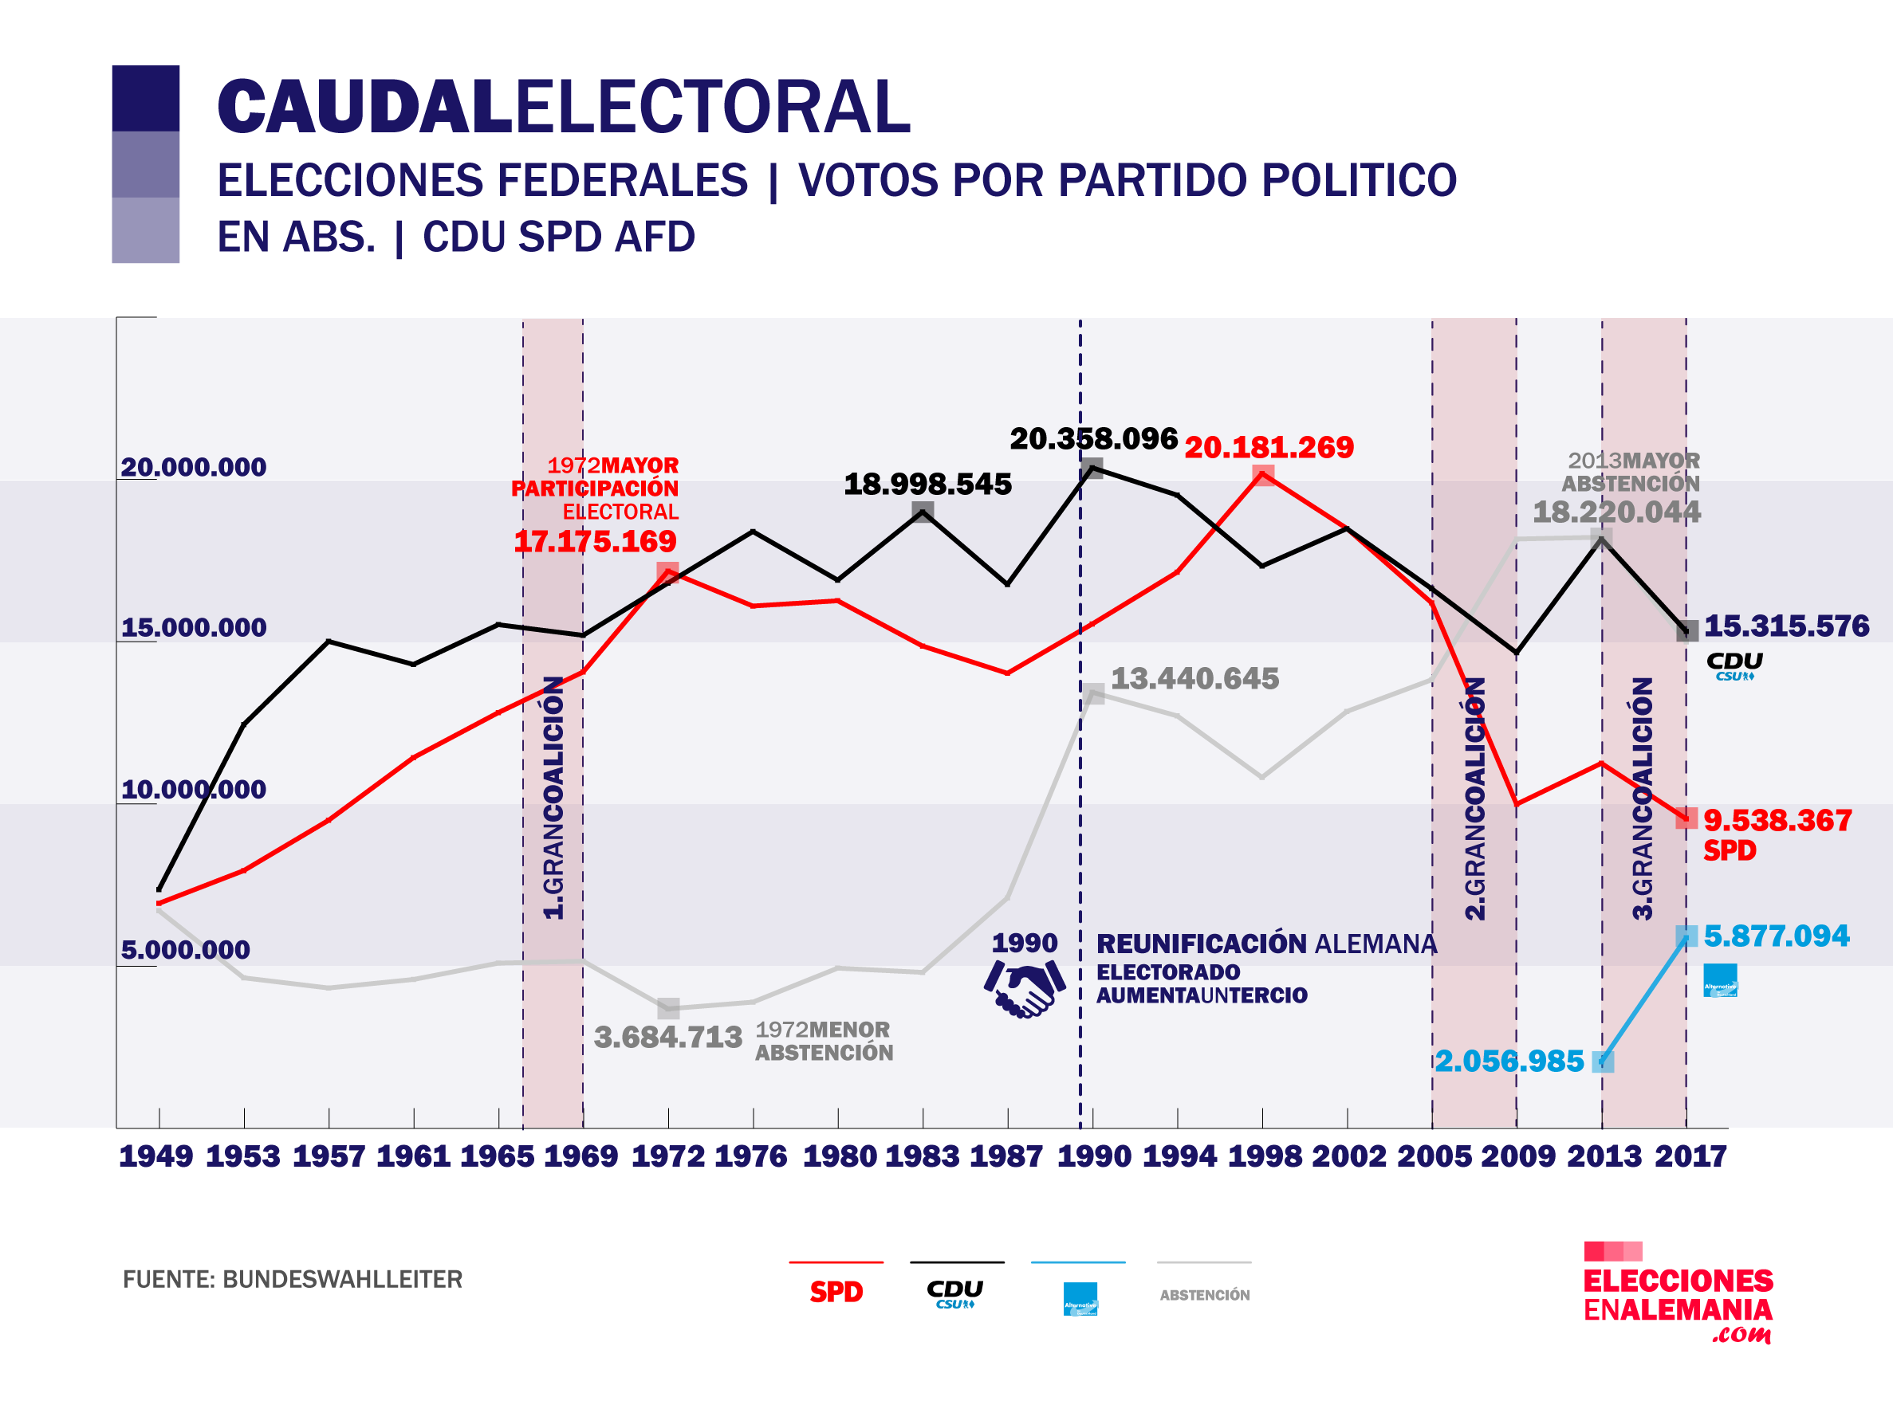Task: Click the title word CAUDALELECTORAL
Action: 564,108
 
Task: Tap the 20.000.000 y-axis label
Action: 194,467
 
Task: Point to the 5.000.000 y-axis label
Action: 185,950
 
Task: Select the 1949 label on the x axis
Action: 156,1157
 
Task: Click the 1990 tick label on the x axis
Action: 1094,1157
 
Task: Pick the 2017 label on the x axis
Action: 1690,1157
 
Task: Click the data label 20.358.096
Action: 1094,439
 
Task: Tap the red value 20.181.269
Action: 1269,448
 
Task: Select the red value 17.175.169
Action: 595,542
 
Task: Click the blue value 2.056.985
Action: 1509,1062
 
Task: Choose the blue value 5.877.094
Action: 1776,936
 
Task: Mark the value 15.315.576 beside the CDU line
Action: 1786,626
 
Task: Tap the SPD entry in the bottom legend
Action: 836,1293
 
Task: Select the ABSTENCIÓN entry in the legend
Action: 1204,1295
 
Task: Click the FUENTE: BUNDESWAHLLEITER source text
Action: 293,1280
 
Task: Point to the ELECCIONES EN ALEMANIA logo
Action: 1678,1296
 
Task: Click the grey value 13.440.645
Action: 1194,679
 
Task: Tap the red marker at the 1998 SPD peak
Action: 1263,476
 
